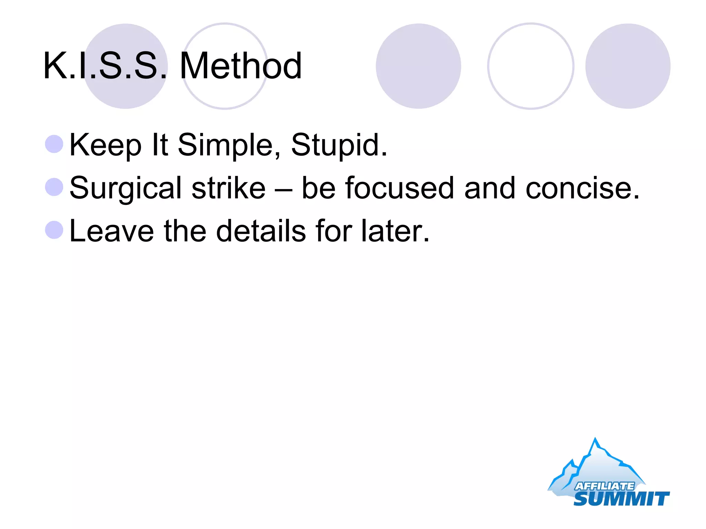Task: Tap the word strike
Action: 229,188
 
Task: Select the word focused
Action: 400,188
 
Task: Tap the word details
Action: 261,231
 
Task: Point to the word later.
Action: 395,231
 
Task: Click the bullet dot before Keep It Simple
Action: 54,144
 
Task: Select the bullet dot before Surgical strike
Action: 54,187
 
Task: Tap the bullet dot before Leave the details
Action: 54,230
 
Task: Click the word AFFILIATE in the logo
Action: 604,486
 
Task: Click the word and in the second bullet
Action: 490,188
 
